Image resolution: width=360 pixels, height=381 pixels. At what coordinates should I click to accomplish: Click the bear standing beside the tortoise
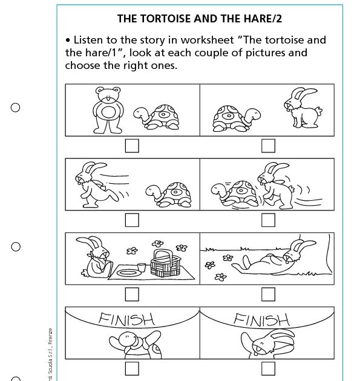108,109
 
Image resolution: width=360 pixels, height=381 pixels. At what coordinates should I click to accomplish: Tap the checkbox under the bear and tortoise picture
131,146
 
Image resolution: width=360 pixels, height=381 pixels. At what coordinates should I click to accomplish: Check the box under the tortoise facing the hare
267,146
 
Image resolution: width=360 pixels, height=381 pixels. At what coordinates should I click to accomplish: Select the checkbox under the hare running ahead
131,220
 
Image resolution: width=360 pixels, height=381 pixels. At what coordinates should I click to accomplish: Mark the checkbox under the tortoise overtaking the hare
267,220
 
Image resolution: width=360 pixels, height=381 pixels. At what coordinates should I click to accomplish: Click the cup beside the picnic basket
142,266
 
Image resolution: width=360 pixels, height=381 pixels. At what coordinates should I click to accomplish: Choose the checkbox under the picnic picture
131,294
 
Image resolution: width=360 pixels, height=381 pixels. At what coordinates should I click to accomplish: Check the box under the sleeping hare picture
267,294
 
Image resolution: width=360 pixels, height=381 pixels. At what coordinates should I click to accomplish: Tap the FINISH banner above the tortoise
127,319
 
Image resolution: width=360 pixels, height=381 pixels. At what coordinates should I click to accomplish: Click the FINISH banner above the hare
261,319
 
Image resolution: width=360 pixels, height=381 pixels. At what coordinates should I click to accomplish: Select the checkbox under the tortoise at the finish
131,368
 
